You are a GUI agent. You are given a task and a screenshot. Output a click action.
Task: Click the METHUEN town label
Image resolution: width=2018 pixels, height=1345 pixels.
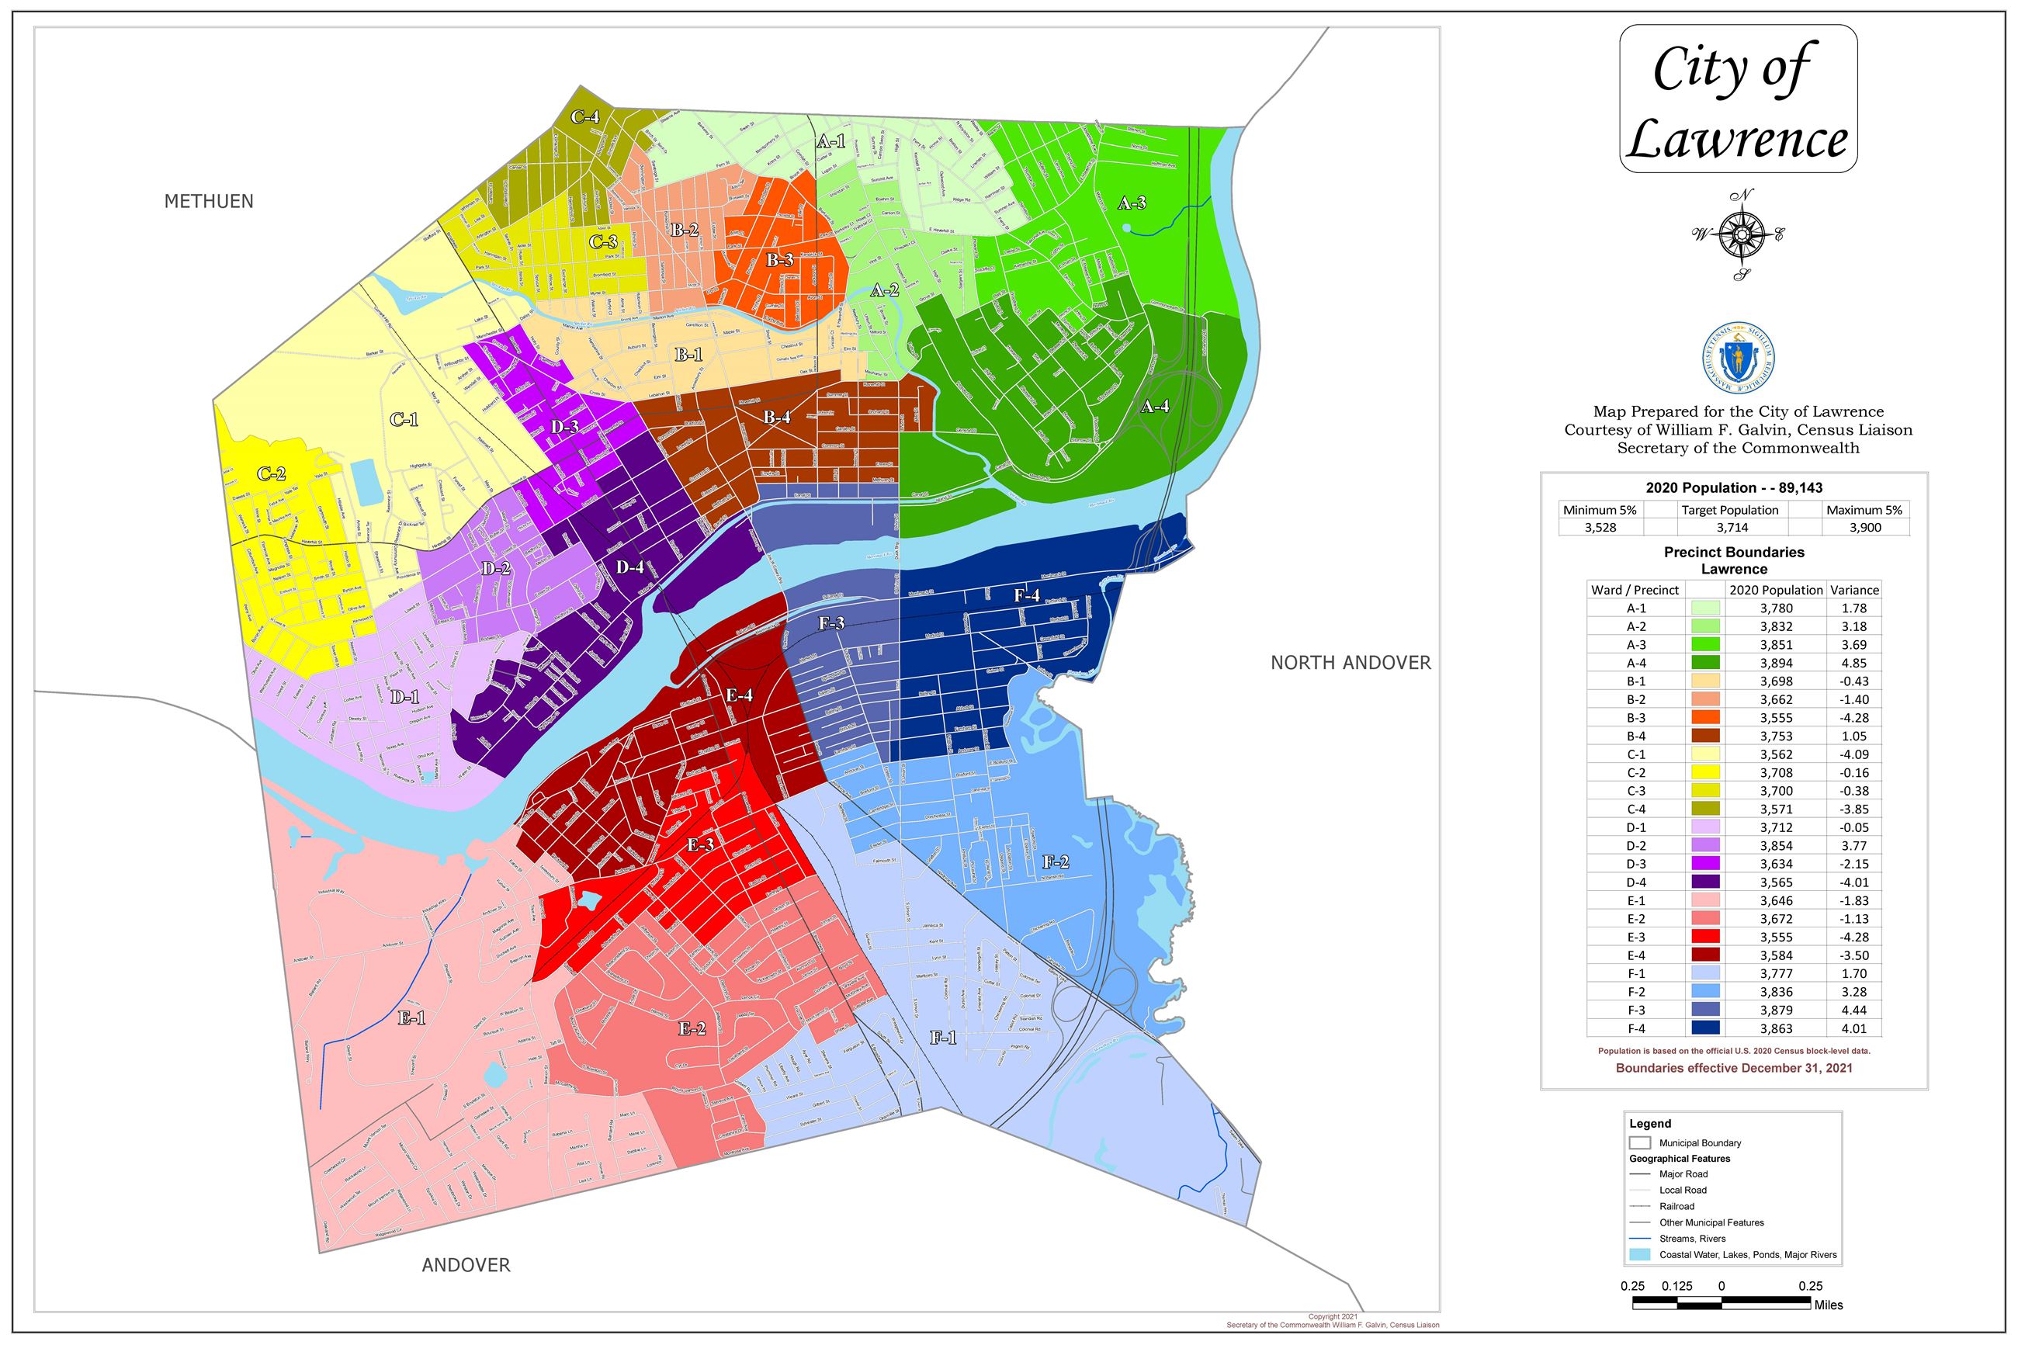209,202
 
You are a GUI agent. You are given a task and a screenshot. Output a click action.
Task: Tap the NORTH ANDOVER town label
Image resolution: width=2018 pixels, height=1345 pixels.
1350,662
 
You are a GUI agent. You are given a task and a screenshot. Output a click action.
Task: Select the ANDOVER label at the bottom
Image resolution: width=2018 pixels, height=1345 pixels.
466,1265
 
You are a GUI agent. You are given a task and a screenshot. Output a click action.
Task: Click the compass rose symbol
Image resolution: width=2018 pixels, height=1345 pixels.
1740,234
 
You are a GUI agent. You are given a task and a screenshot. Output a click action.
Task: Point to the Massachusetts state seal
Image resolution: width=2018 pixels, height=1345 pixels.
1739,359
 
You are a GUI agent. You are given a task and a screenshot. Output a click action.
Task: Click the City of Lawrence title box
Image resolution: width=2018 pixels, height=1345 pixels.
1738,99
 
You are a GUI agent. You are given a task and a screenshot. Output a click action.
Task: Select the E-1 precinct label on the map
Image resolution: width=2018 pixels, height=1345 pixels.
412,1018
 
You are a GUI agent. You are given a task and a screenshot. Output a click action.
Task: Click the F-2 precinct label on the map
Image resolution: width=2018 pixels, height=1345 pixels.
1055,862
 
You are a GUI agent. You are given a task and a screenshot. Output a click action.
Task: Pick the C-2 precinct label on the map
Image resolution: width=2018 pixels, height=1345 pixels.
271,474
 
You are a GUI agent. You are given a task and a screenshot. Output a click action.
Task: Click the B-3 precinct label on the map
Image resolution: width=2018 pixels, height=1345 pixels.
779,260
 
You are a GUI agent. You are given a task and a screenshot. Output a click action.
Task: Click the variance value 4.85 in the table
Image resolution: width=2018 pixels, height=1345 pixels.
1853,663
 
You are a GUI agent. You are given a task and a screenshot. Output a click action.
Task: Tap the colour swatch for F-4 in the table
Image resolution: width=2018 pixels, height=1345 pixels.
1705,1028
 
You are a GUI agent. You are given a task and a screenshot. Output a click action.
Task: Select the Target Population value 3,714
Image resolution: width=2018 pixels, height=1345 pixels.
1730,528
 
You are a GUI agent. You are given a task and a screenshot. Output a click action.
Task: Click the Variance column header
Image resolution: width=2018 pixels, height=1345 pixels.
1854,590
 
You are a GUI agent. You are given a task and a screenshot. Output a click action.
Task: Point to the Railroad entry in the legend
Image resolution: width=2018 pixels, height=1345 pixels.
1676,1206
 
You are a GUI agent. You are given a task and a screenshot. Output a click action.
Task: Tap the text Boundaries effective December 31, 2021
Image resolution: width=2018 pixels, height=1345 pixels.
1734,1068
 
